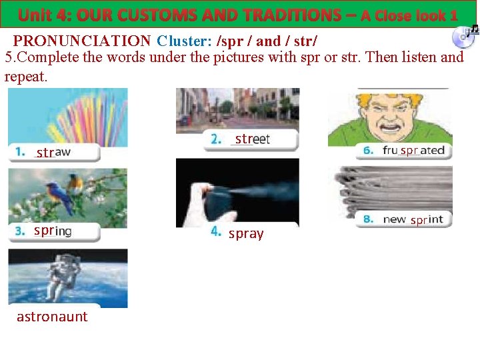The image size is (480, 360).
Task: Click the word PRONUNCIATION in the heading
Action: (x=82, y=41)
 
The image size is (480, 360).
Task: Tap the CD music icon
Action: (x=463, y=37)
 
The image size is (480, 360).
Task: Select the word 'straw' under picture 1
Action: (x=53, y=153)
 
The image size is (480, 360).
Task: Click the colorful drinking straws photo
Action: (x=68, y=117)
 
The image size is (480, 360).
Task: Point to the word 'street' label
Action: (x=252, y=139)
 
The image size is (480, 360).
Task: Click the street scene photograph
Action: (x=237, y=109)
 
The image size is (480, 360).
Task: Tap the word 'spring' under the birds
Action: (x=53, y=231)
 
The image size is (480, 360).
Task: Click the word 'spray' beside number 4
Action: (x=246, y=234)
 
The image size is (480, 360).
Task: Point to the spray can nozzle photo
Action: (x=237, y=193)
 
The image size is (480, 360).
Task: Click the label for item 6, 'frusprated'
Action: (x=413, y=151)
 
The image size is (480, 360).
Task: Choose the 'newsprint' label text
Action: (x=413, y=219)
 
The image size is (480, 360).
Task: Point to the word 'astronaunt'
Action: (x=52, y=317)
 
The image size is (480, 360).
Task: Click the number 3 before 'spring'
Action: (x=20, y=231)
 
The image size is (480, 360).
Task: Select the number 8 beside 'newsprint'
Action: (x=368, y=219)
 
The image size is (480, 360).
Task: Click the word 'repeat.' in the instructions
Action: (x=26, y=76)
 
